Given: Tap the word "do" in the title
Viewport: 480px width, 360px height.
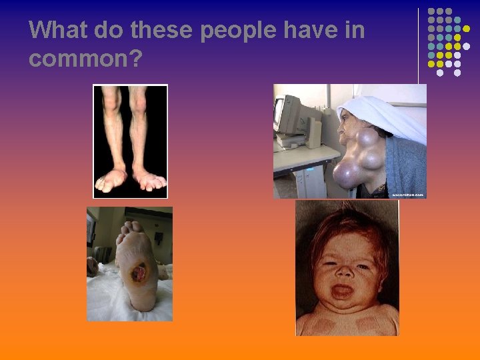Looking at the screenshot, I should (108, 30).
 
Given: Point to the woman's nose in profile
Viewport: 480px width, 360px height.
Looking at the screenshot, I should (342, 127).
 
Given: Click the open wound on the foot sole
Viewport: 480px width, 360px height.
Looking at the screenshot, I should (140, 272).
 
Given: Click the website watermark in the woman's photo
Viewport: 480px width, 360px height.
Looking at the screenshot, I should (407, 195).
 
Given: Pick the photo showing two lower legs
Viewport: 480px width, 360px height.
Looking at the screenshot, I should (130, 141).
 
